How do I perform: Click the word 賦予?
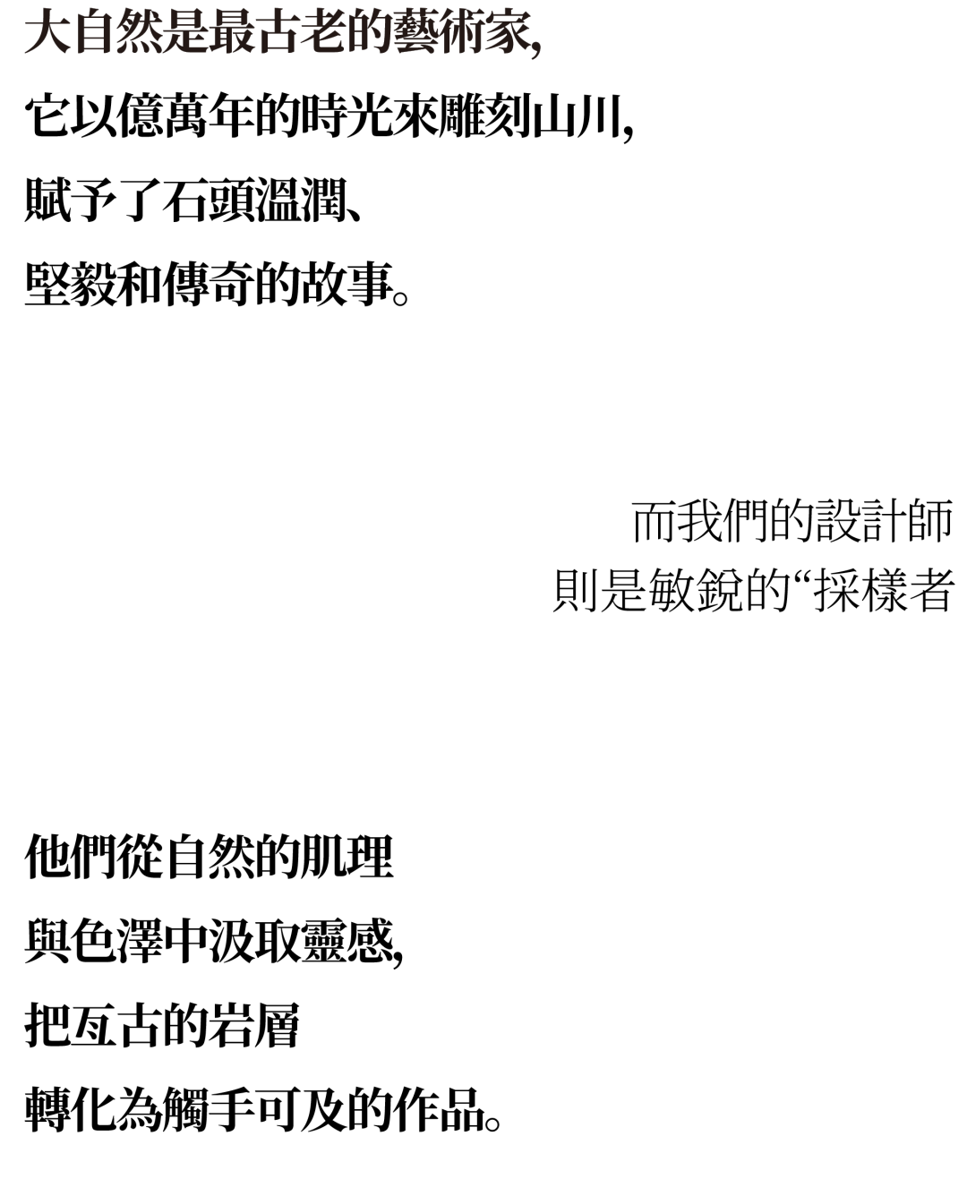[x=70, y=201]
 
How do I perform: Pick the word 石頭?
[x=208, y=201]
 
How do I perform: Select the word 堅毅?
[x=70, y=285]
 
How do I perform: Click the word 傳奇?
[x=208, y=285]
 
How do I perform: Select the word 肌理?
[x=347, y=857]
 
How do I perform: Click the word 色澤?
[x=116, y=941]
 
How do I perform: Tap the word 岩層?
[x=254, y=1025]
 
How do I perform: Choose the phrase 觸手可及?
[x=254, y=1109]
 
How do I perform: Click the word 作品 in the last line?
[x=439, y=1109]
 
